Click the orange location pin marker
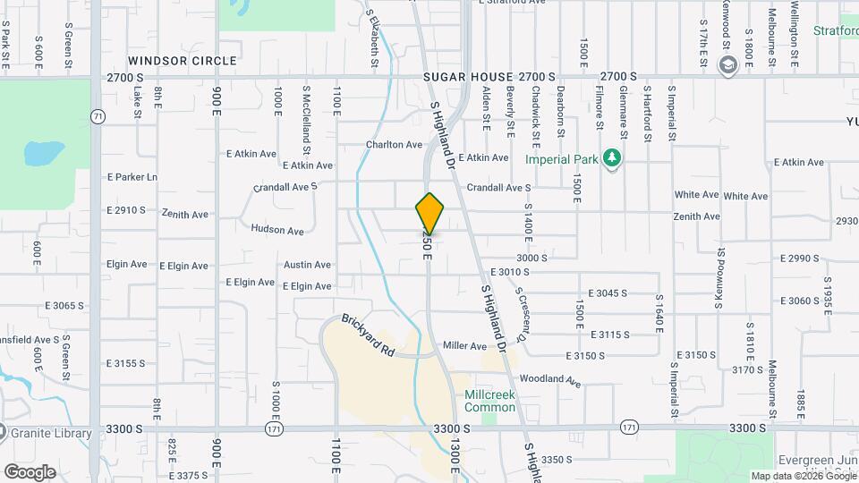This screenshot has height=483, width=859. (x=429, y=214)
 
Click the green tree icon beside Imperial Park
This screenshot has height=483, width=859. (x=612, y=158)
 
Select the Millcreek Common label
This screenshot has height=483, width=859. (x=489, y=401)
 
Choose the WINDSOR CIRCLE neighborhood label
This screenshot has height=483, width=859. (x=183, y=61)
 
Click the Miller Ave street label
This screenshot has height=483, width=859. (x=464, y=346)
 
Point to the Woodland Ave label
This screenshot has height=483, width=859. (x=549, y=380)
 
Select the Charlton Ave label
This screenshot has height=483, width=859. (x=394, y=144)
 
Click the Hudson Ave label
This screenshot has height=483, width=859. (x=277, y=230)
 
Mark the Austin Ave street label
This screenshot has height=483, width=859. (x=307, y=265)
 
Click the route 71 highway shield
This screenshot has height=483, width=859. (x=97, y=116)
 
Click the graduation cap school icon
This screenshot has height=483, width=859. (x=727, y=64)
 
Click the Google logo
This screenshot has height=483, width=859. (x=30, y=471)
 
